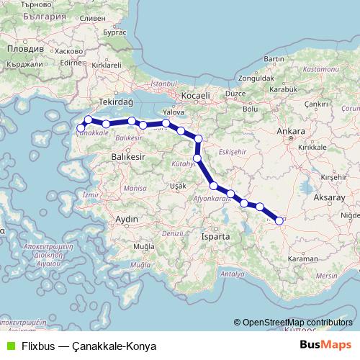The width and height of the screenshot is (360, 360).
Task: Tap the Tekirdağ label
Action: pyautogui.click(x=117, y=103)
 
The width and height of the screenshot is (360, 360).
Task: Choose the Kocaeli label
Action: pyautogui.click(x=195, y=95)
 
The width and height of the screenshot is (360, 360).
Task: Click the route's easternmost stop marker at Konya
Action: pyautogui.click(x=279, y=221)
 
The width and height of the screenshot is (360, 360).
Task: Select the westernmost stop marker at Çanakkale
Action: pyautogui.click(x=81, y=129)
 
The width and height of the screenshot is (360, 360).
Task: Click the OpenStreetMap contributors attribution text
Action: pyautogui.click(x=297, y=323)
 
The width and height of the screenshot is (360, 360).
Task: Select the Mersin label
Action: pyautogui.click(x=326, y=276)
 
